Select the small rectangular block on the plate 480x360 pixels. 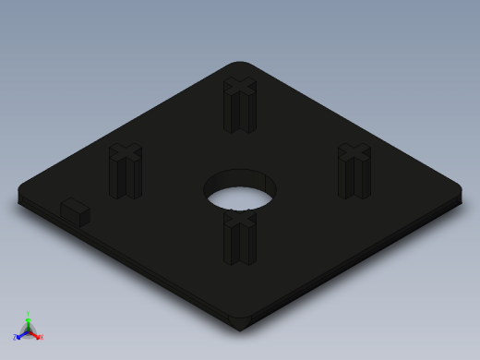click(x=75, y=211)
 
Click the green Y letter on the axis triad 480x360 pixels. click(x=29, y=313)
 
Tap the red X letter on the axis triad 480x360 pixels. click(x=42, y=337)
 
